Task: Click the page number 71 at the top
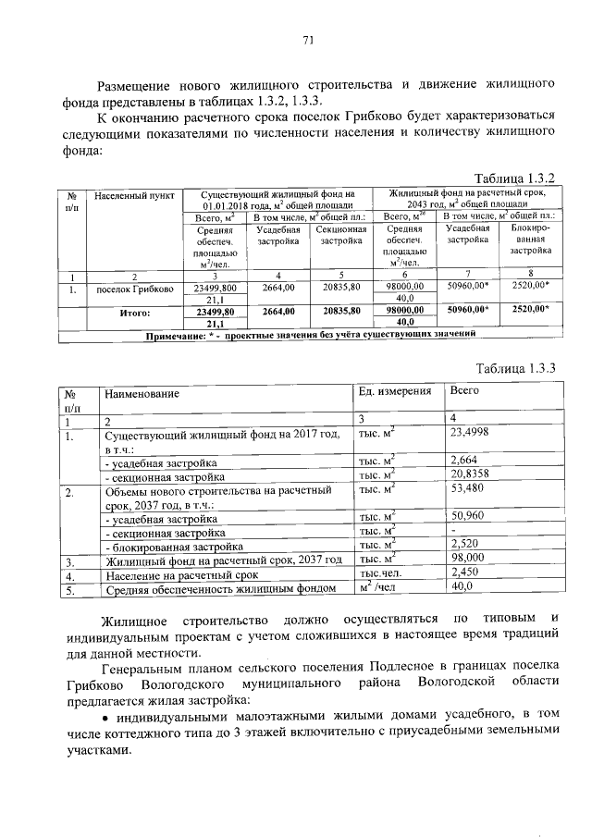[308, 40]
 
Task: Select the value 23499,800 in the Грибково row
[216, 289]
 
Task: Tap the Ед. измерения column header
[395, 392]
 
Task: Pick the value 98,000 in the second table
[466, 559]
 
